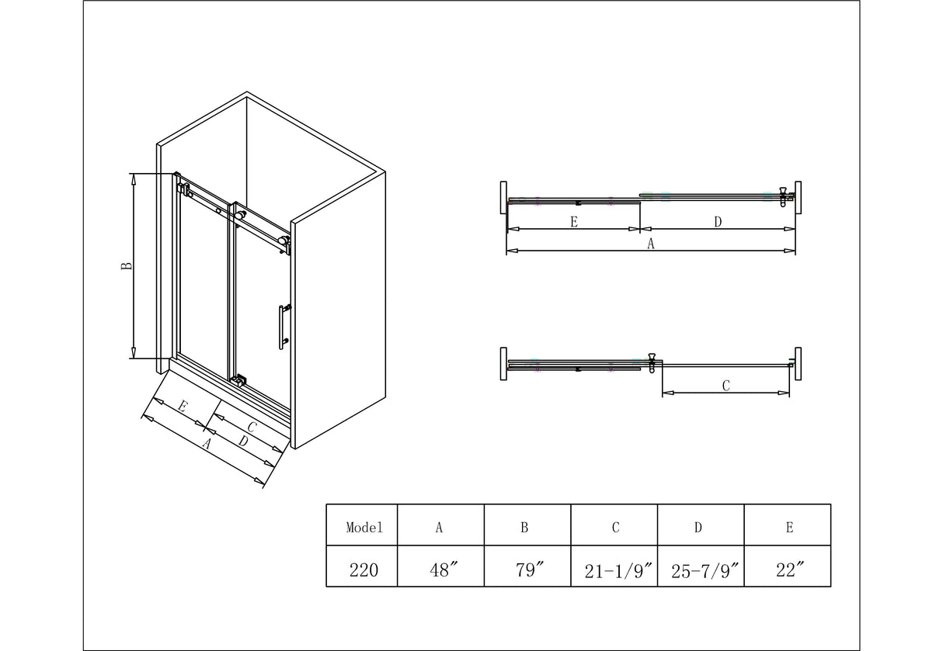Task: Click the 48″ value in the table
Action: click(443, 570)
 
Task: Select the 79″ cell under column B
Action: click(529, 570)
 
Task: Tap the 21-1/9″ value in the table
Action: click(618, 571)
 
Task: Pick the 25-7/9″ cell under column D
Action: click(705, 571)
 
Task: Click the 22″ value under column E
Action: click(790, 570)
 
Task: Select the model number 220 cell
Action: click(364, 570)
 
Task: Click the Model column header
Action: click(364, 528)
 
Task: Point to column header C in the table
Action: click(615, 528)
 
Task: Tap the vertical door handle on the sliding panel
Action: click(282, 327)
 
